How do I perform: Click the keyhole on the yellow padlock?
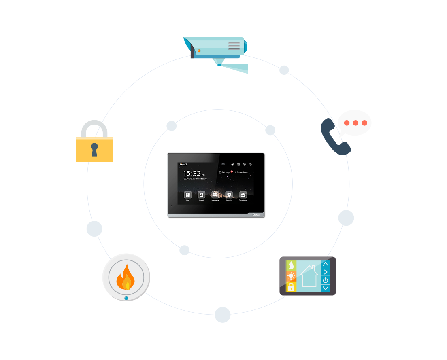tap(94, 149)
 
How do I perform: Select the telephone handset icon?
tap(334, 138)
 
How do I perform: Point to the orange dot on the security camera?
tap(199, 51)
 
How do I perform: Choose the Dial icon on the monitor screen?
tap(188, 195)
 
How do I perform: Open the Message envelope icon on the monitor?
tap(215, 195)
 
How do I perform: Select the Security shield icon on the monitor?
tap(229, 195)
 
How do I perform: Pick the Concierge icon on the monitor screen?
tap(243, 195)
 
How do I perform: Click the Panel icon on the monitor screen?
tap(201, 195)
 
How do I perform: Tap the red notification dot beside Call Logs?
tap(232, 172)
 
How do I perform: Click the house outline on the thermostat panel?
tap(309, 276)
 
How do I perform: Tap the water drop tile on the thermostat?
tap(291, 265)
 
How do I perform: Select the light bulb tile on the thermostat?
tap(291, 276)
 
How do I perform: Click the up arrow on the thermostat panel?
tap(326, 264)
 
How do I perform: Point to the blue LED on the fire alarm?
tap(126, 298)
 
